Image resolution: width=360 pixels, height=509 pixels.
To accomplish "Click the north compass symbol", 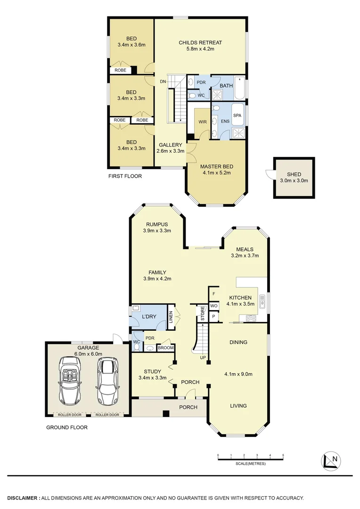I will tap(331, 460).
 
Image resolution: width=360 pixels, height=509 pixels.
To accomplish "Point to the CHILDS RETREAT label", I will tap(200, 43).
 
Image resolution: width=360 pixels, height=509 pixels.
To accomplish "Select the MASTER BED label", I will tap(217, 166).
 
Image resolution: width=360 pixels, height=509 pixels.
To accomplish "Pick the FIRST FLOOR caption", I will tap(125, 176).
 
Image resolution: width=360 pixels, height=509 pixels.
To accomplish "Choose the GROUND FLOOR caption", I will tap(66, 428).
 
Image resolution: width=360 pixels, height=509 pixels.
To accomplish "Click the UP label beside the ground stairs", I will tap(203, 358).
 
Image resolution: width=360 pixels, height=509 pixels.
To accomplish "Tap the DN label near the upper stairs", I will tap(163, 82).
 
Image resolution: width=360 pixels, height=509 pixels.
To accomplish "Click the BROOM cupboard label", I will tap(165, 348).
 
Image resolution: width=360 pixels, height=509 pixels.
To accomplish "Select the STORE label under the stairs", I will tap(203, 313).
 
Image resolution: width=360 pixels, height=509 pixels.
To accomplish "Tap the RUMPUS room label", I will tap(157, 224).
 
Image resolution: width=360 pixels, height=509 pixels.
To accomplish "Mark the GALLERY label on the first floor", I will tap(170, 145).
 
